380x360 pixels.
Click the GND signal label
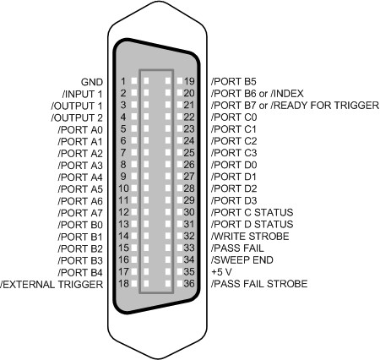pos(92,82)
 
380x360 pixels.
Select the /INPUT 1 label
pos(82,94)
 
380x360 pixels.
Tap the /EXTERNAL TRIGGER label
pos(52,285)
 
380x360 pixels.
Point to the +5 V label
pos(221,272)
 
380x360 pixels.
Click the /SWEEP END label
pos(242,260)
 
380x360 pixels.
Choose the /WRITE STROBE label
pos(250,236)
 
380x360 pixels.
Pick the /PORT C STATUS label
pos(252,212)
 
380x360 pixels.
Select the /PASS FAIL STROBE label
pos(259,284)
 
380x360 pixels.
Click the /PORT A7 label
pos(80,213)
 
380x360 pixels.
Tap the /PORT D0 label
pos(234,165)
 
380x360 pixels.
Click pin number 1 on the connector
pos(123,81)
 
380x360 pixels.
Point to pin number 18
pos(123,283)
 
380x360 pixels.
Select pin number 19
pos(189,81)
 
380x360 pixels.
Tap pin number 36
pos(189,283)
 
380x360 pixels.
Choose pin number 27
pos(189,177)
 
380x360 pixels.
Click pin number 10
pos(123,188)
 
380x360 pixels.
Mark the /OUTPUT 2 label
pos(77,117)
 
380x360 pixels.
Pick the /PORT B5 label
pos(234,82)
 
